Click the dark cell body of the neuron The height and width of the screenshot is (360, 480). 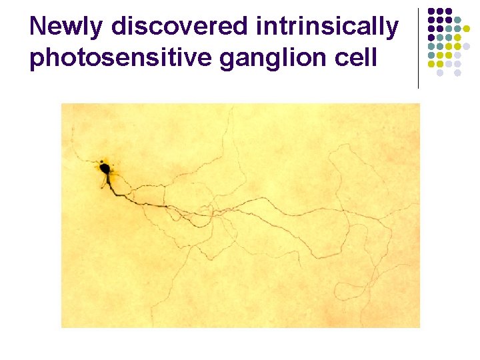(x=105, y=169)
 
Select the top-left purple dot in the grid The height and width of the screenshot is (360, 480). (x=431, y=11)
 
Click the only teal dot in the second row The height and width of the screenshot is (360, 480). (x=458, y=20)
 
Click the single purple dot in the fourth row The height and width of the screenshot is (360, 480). (x=431, y=38)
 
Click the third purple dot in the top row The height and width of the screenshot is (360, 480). (x=449, y=11)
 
